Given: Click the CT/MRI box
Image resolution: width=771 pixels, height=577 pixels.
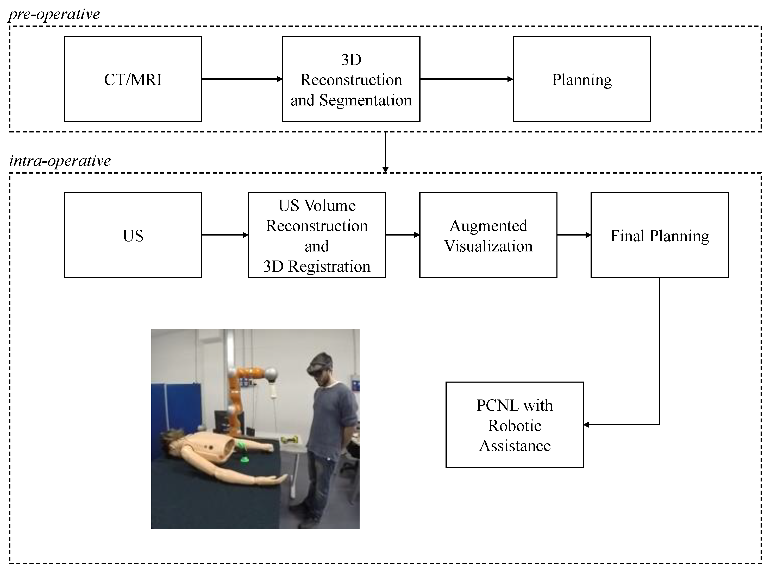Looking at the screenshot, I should (x=133, y=79).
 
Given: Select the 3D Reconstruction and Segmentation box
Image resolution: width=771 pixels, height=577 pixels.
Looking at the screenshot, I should (x=351, y=79).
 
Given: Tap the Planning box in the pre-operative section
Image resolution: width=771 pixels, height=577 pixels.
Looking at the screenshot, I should (x=581, y=79).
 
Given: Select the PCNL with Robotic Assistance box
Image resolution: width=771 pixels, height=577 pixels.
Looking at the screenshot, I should (x=515, y=424).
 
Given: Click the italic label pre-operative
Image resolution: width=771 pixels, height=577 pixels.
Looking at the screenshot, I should (x=54, y=14).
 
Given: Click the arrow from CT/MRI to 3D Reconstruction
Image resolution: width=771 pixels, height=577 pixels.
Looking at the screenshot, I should (x=242, y=79).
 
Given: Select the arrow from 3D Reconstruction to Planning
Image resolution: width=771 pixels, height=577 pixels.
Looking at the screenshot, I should (x=466, y=79).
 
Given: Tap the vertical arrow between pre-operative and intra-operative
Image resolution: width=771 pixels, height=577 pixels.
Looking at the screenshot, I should (x=385, y=152).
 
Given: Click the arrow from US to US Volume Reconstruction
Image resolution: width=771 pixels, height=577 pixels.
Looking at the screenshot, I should (x=225, y=235).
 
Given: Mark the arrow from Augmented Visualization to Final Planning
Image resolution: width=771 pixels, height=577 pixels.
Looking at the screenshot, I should (x=574, y=235).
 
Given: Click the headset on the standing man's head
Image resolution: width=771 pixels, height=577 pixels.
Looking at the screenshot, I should (x=320, y=364).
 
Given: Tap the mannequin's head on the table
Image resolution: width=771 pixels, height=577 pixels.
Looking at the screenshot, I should (x=171, y=440).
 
